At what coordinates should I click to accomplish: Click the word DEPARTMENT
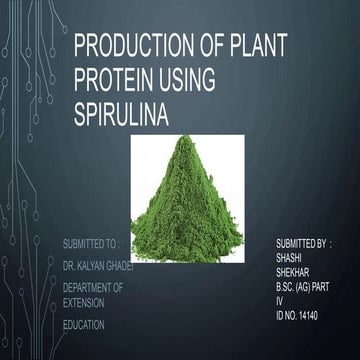coord(88,287)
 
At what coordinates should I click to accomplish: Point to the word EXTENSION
coord(84,301)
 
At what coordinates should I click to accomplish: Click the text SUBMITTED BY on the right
coord(300,243)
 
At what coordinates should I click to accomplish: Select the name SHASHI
coord(287,255)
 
